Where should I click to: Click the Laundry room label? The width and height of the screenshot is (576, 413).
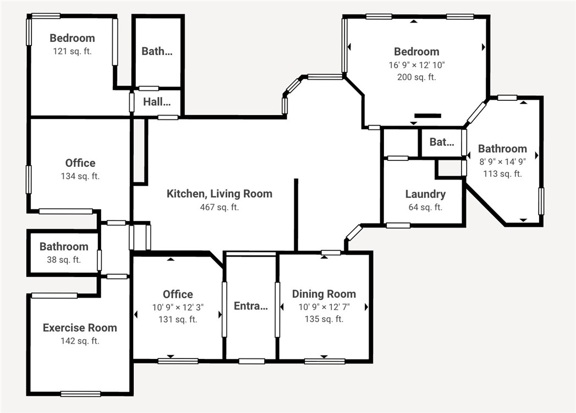425,194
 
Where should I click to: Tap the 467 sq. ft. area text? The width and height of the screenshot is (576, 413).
220,207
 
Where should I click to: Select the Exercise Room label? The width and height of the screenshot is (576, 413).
80,328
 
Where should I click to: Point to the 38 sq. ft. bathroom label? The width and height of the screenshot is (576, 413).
64,259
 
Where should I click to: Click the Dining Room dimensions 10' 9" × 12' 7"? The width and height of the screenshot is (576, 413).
324,306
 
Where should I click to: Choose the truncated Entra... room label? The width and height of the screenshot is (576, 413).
250,306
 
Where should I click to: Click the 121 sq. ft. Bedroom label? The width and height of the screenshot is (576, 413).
72,38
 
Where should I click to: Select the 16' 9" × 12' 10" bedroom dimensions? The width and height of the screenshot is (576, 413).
416,64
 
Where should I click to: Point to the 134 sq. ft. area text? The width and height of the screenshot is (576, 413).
80,176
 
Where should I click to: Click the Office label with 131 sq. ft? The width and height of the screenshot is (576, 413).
178,294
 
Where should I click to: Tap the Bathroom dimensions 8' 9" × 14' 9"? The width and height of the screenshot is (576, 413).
502,161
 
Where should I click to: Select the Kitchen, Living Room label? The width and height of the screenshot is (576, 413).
220,193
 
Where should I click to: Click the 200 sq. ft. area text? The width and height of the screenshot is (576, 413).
416,77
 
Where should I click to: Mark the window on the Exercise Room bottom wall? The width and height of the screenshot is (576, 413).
80,394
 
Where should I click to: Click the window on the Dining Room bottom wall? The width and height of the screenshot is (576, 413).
325,361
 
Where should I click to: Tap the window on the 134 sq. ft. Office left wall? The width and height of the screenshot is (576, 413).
29,180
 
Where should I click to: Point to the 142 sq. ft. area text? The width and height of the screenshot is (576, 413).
80,341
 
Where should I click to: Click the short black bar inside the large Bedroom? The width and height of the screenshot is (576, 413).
427,116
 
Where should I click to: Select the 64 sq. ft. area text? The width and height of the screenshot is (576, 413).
425,208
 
